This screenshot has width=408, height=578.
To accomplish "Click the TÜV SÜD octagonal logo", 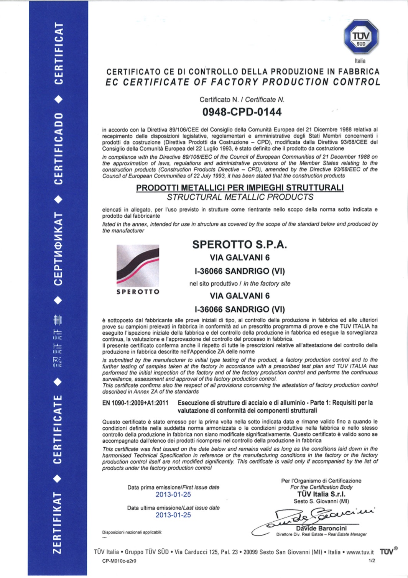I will [x=361, y=38].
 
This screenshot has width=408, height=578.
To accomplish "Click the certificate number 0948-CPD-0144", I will [x=242, y=112].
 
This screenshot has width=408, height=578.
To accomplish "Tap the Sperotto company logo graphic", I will [x=138, y=265].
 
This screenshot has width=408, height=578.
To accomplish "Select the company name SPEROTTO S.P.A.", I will [x=240, y=245].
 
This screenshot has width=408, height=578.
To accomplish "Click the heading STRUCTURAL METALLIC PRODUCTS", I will [x=240, y=197].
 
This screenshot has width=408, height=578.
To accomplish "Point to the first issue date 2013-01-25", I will [x=173, y=494].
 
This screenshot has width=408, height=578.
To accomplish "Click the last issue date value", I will [x=173, y=515].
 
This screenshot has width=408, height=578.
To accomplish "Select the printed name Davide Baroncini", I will [x=327, y=529].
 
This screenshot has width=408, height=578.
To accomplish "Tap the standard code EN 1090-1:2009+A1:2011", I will [x=135, y=403].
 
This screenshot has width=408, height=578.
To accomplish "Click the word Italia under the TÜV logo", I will [x=360, y=61].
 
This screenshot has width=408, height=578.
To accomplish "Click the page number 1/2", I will [x=371, y=561].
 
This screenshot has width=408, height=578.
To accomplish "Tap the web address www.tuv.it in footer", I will [x=360, y=552].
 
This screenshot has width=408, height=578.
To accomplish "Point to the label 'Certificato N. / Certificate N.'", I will [x=242, y=100].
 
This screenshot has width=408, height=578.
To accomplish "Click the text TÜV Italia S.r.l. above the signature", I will [x=321, y=494].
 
